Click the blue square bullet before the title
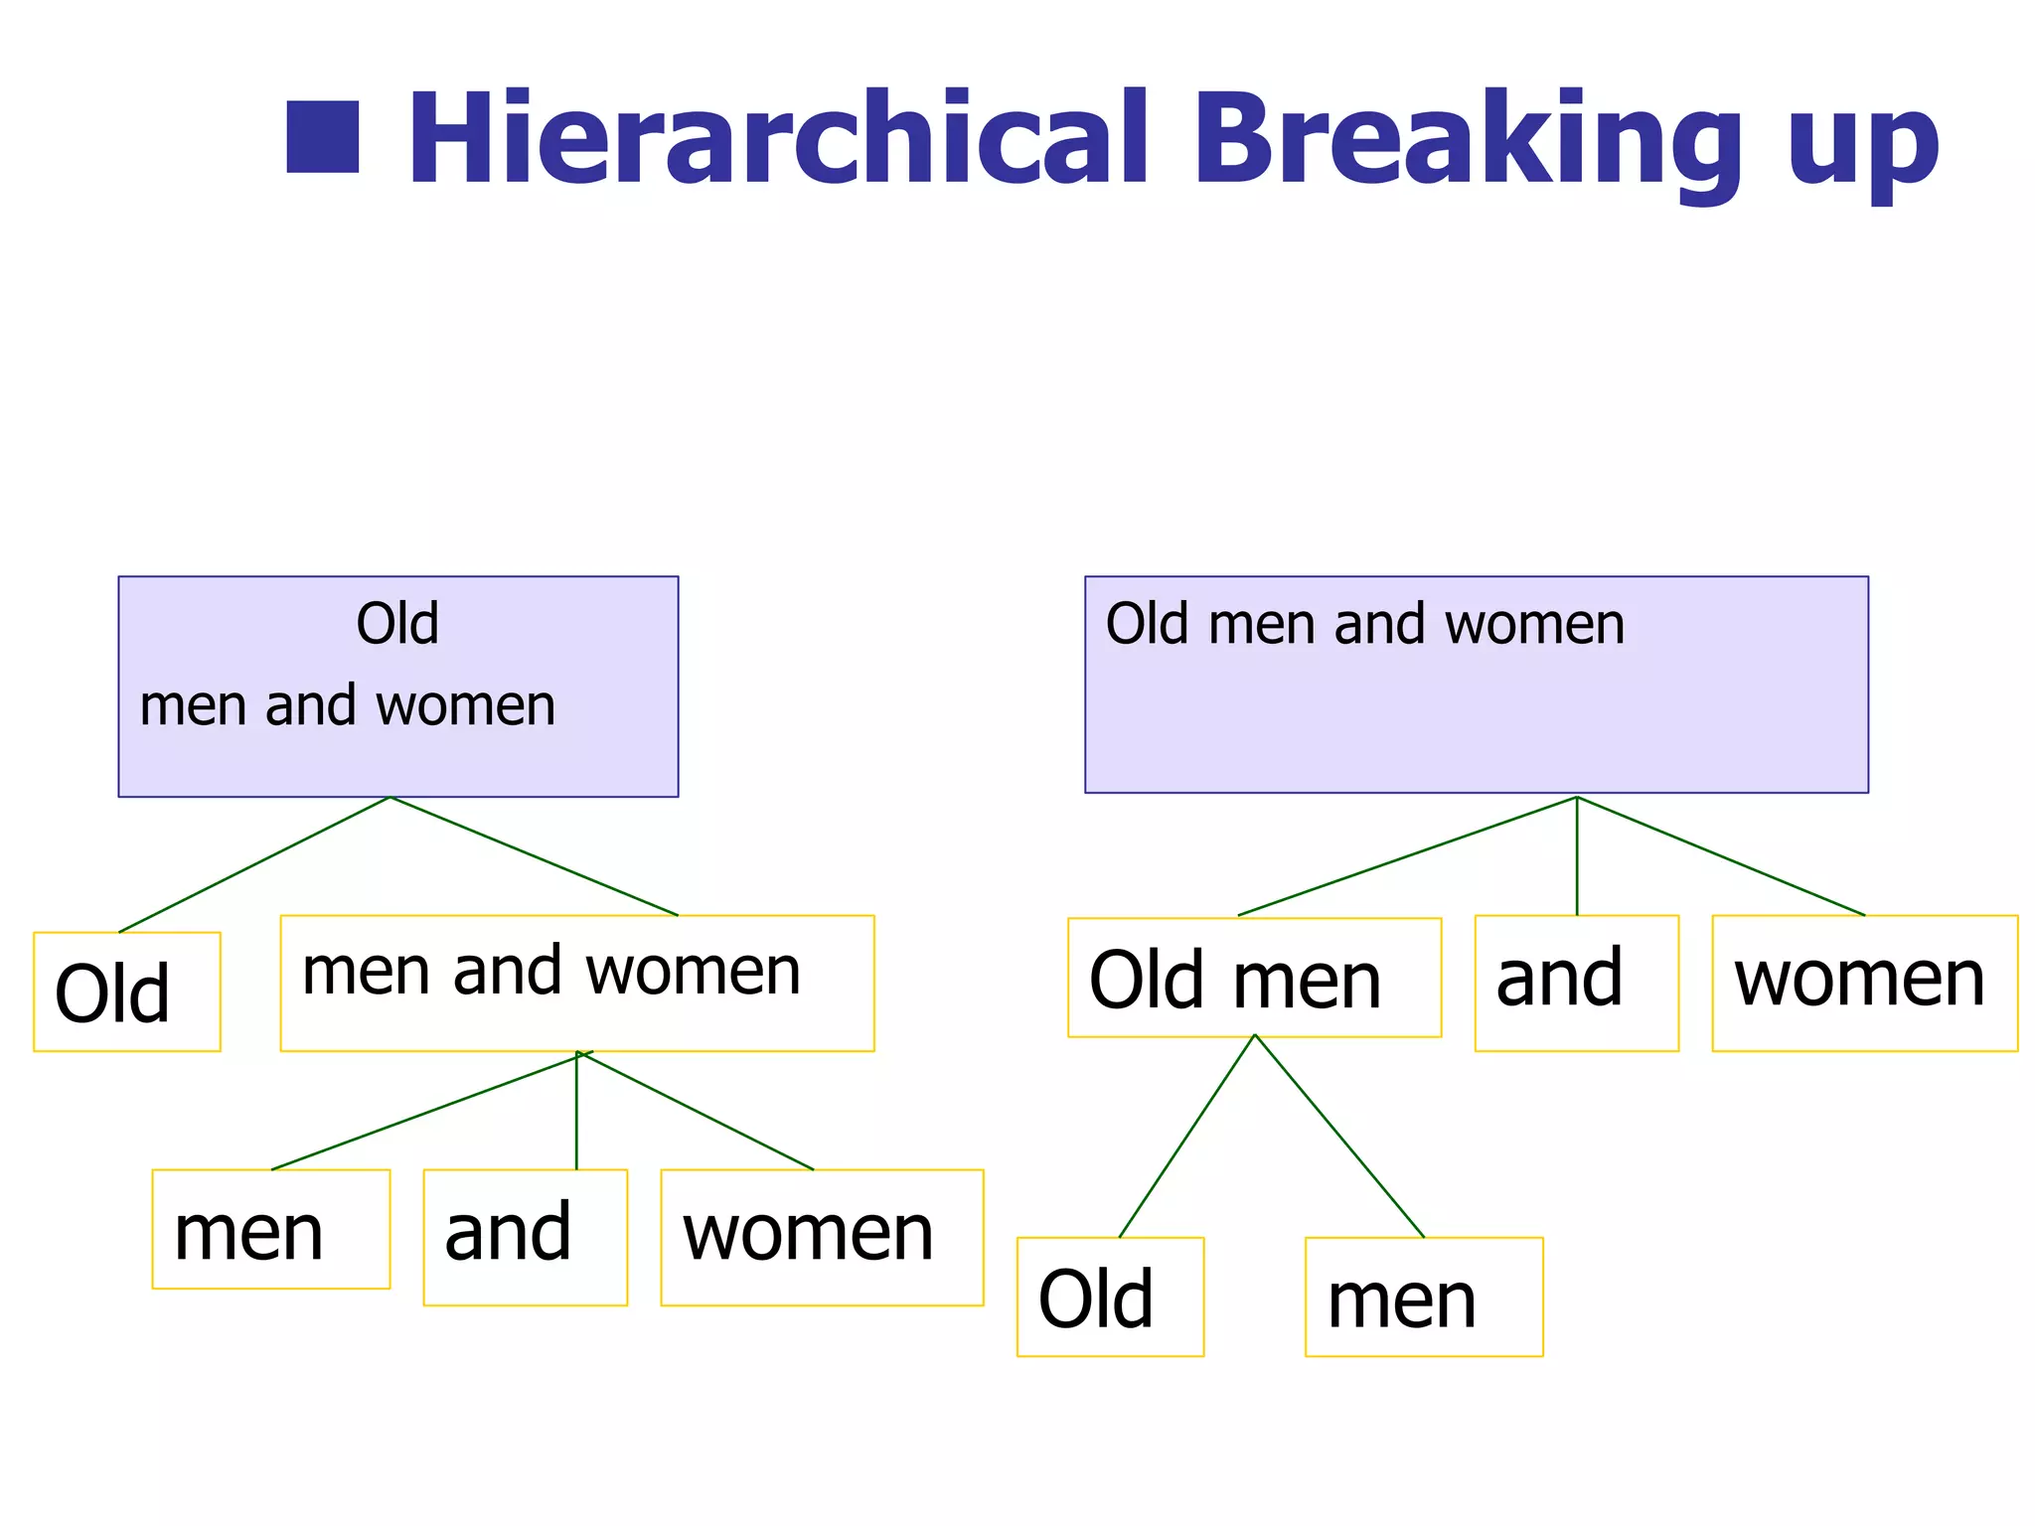tap(322, 137)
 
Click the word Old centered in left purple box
tap(397, 624)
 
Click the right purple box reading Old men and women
tap(1476, 685)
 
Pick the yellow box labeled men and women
tap(576, 983)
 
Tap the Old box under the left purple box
tap(126, 992)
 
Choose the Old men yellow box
tap(1253, 978)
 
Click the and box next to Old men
tap(1576, 983)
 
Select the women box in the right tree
tap(1864, 983)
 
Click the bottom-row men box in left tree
tap(270, 1230)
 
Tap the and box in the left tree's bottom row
tap(525, 1237)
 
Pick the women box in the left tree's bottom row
tap(821, 1237)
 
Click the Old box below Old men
tap(1110, 1297)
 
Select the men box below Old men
tap(1423, 1297)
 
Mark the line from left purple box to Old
tap(254, 864)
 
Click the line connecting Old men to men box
tap(1339, 1136)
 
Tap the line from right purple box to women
tap(1721, 856)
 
